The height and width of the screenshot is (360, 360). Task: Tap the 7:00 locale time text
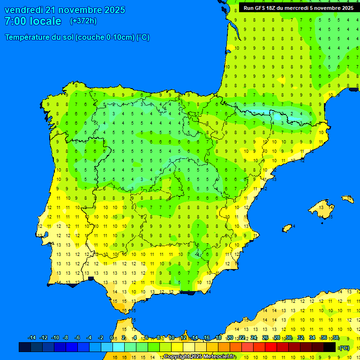tap(33, 21)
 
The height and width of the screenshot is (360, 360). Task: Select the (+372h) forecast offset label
tap(83, 21)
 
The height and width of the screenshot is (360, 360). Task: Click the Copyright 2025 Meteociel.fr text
tap(199, 356)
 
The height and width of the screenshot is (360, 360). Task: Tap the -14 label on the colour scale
tap(32, 338)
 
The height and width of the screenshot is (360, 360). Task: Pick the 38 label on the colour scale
tap(336, 338)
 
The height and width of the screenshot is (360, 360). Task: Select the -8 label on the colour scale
tap(66, 338)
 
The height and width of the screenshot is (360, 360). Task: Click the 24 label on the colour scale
tap(254, 338)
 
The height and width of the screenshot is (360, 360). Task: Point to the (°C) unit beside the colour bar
tap(345, 347)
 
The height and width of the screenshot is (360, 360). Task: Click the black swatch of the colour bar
tap(330, 347)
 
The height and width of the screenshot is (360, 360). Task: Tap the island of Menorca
tap(347, 199)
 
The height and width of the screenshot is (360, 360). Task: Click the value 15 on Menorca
tap(349, 199)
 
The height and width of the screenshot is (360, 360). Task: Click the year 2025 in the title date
tap(115, 10)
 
